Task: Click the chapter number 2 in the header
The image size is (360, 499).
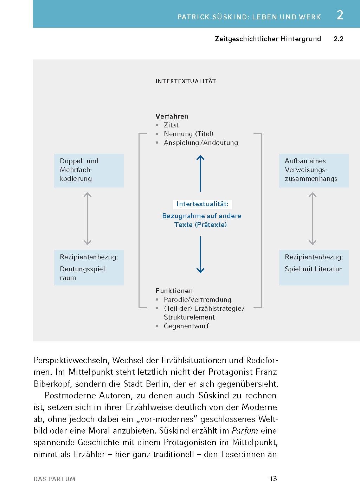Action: (340, 15)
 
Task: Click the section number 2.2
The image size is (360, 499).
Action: (338, 39)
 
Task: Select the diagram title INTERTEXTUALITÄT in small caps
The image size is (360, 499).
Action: (186, 81)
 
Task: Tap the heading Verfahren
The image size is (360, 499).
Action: (172, 116)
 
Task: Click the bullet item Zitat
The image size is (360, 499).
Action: (171, 125)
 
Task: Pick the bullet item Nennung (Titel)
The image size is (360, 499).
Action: (188, 134)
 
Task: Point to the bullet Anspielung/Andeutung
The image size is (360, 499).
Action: (201, 143)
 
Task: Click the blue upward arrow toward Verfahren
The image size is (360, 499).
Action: (200, 173)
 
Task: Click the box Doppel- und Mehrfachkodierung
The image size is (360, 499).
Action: (89, 170)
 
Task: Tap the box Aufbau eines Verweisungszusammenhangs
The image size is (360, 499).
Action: (314, 170)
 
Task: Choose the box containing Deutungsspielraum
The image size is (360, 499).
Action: (89, 267)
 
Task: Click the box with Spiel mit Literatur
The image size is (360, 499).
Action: (314, 267)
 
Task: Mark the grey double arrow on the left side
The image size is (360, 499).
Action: (88, 219)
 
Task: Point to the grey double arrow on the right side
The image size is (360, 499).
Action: (312, 219)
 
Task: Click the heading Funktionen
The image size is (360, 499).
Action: (174, 291)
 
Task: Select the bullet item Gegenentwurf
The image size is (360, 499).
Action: (186, 326)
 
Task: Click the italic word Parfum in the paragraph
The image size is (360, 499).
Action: (245, 431)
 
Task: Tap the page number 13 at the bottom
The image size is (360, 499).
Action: (273, 479)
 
